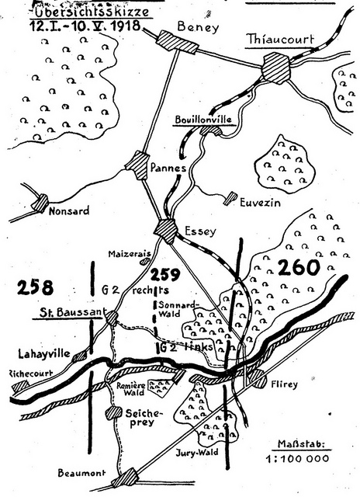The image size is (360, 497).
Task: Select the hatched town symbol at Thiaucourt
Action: (x=275, y=71)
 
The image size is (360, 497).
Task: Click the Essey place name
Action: (x=200, y=230)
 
